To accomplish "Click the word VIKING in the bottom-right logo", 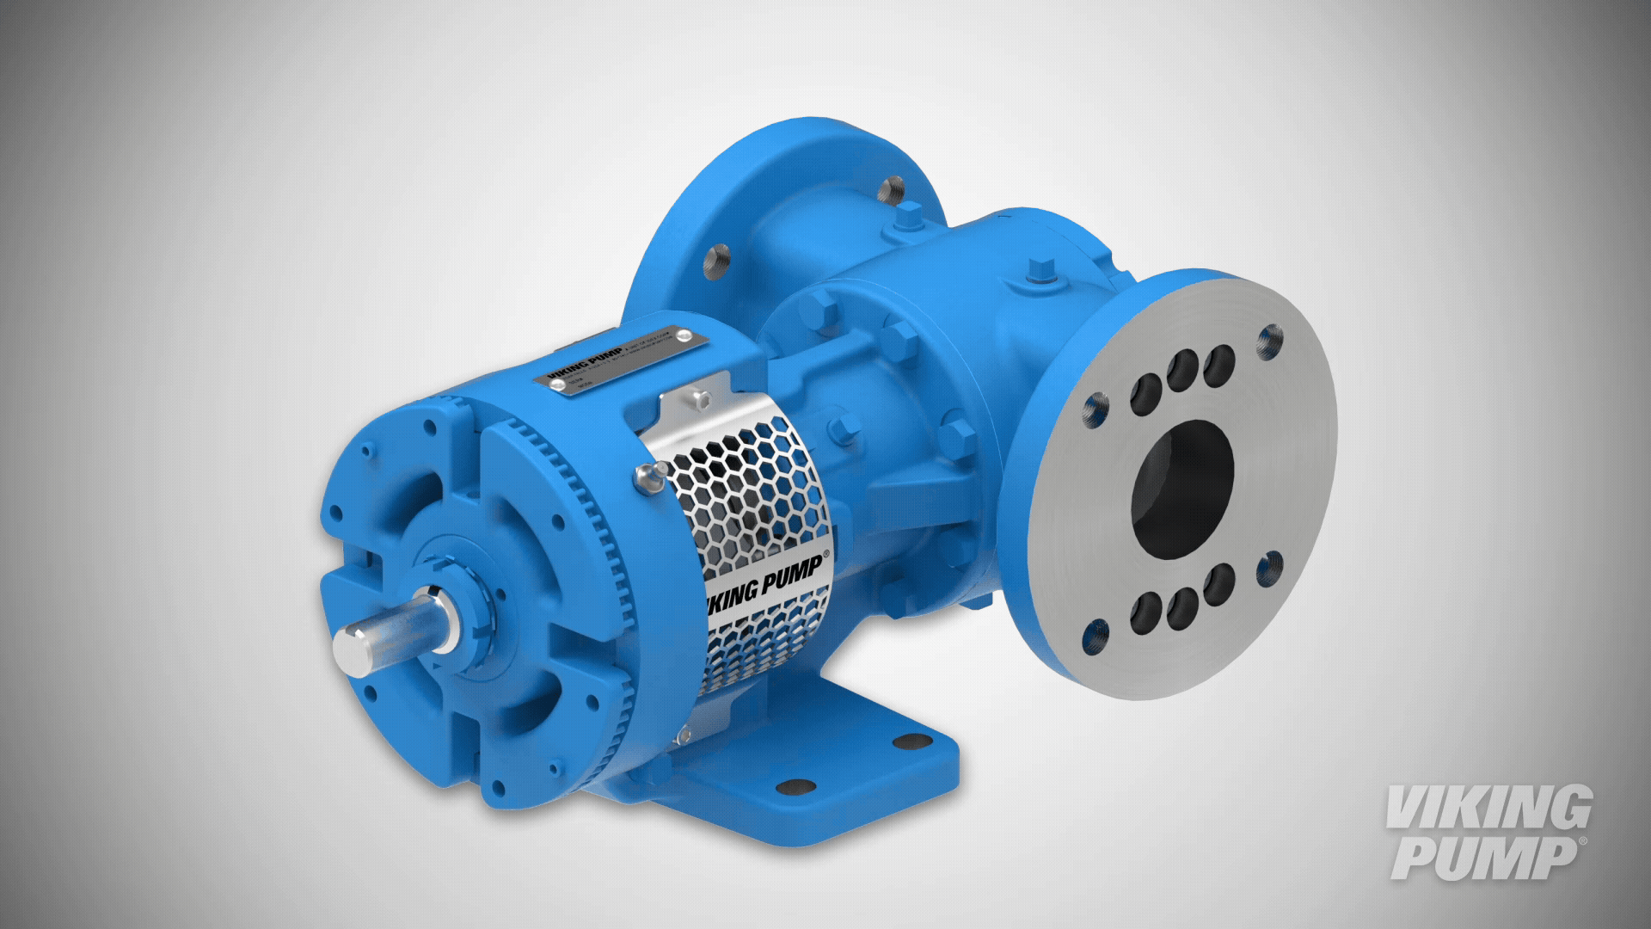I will [x=1488, y=809].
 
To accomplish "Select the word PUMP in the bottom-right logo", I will [x=1486, y=858].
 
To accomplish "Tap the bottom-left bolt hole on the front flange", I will [x=1097, y=637].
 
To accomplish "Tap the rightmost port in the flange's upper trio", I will [x=1219, y=365].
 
